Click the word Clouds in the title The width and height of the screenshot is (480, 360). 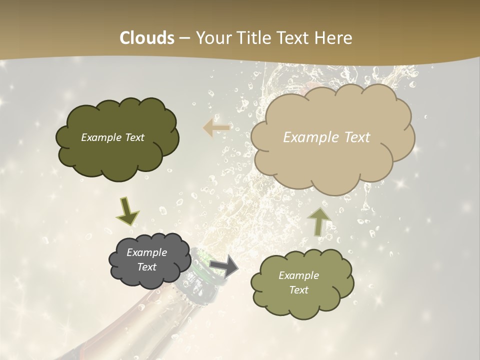tap(147, 38)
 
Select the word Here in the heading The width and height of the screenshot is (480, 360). tap(334, 38)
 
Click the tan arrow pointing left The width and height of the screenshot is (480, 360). tap(216, 128)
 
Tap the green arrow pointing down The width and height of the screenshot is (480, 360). tap(127, 212)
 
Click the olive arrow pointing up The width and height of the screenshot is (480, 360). tap(318, 221)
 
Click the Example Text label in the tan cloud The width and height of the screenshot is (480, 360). tap(326, 137)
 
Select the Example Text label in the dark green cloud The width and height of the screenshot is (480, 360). tap(112, 137)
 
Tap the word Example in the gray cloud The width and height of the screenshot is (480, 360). tap(146, 252)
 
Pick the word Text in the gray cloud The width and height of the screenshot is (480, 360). tap(146, 267)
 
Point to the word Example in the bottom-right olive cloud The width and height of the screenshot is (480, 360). tap(298, 275)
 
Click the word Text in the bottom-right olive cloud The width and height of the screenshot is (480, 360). tap(298, 290)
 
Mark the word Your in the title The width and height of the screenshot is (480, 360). tap(211, 38)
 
